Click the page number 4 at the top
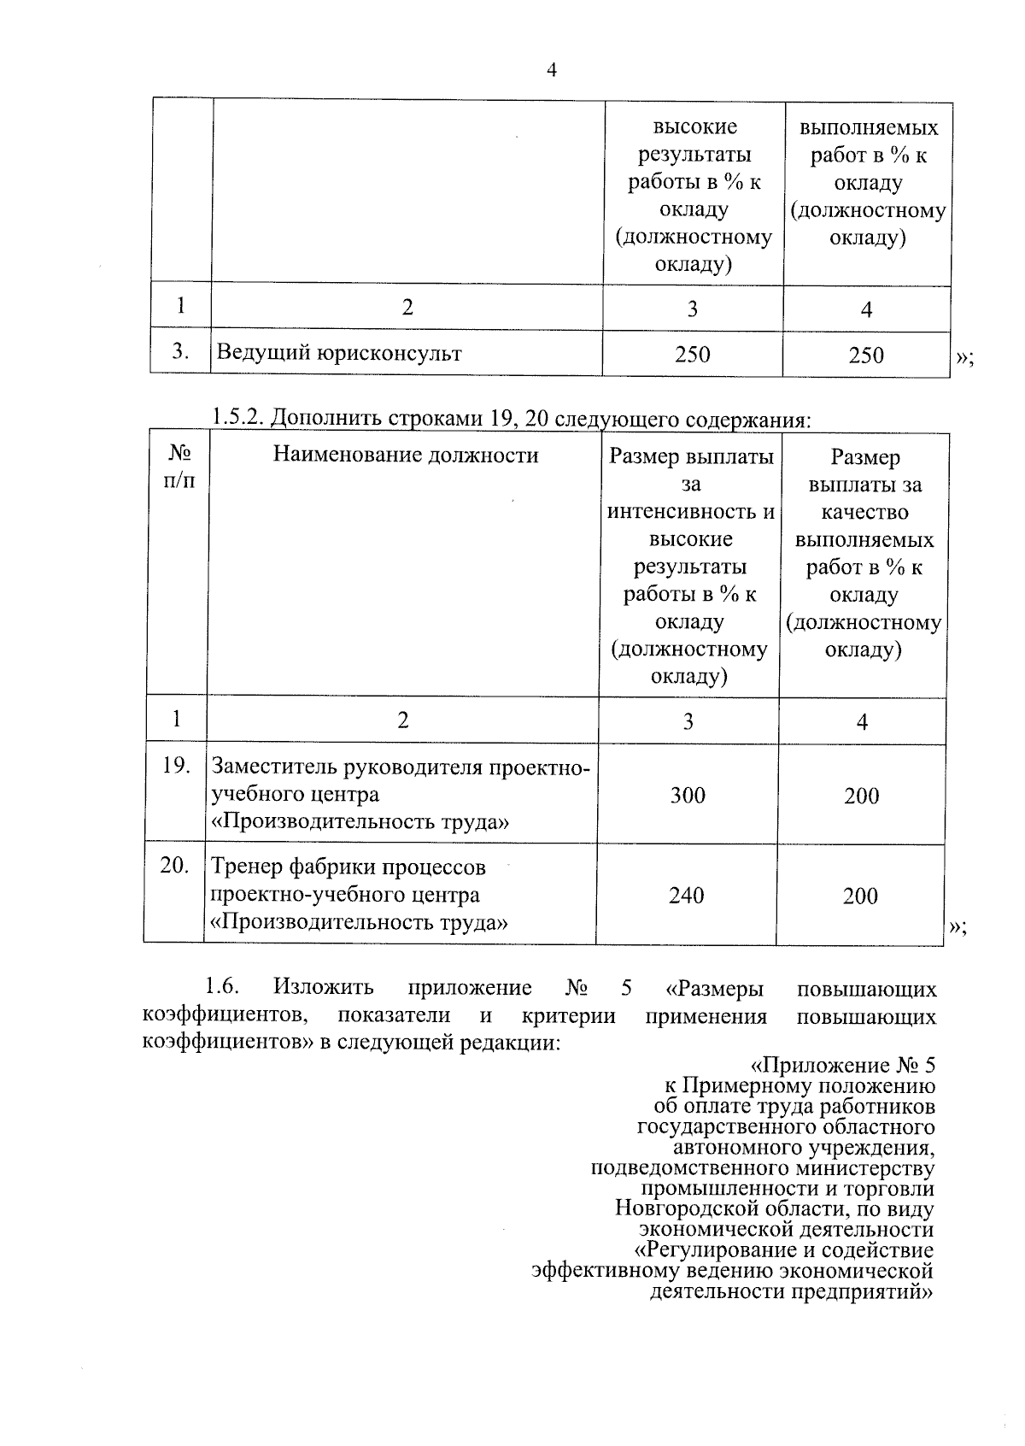pyautogui.click(x=551, y=71)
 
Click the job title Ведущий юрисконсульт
pyautogui.click(x=339, y=353)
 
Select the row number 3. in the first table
pyautogui.click(x=180, y=351)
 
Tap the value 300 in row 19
pyautogui.click(x=688, y=796)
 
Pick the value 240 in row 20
pyautogui.click(x=687, y=896)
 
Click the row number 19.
pyautogui.click(x=176, y=766)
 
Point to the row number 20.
pyautogui.click(x=174, y=866)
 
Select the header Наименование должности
pyautogui.click(x=406, y=456)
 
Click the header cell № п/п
pyautogui.click(x=178, y=467)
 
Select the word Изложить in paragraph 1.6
pyautogui.click(x=324, y=988)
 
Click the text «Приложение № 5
pyautogui.click(x=842, y=1066)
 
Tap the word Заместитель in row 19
pyautogui.click(x=275, y=767)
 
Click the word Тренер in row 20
pyautogui.click(x=247, y=867)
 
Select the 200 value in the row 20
pyautogui.click(x=860, y=896)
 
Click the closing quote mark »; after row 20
pyautogui.click(x=958, y=928)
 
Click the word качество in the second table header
pyautogui.click(x=864, y=512)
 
